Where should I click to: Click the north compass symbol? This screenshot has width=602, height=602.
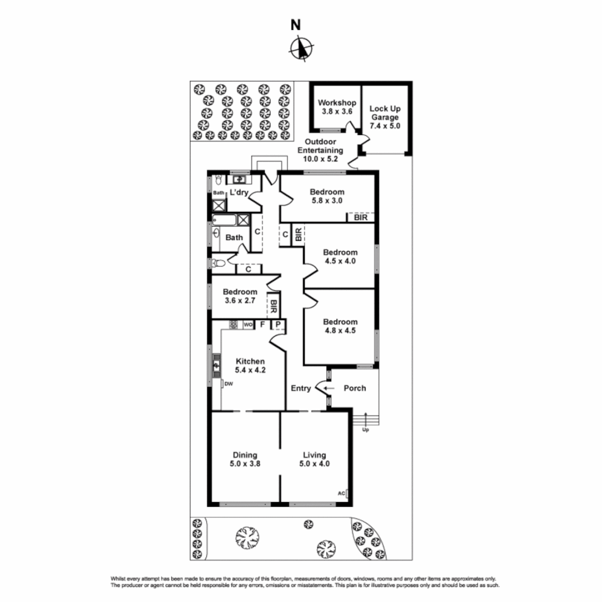pos(301,47)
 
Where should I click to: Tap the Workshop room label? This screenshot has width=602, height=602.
pos(337,103)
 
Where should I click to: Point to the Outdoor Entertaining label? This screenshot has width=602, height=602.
pos(321,142)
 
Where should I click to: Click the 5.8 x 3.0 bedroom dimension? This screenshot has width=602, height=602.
pos(327,202)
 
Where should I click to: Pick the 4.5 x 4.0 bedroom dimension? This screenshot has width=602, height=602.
pos(340,260)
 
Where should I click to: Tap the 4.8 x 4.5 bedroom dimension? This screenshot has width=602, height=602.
pos(340,330)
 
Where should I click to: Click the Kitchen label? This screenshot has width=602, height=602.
pos(250,361)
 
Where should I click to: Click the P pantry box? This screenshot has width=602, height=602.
pos(278,324)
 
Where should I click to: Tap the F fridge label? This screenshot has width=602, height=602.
pos(262,324)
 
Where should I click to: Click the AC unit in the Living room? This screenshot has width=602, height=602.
pos(342,493)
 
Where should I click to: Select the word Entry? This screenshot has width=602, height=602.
pos(301,389)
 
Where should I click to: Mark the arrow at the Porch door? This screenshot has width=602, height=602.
pos(329,389)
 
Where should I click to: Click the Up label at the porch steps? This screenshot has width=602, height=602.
pos(366,430)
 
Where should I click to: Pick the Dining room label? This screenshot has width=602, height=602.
pos(245,455)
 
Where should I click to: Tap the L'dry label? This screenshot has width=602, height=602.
pos(239,192)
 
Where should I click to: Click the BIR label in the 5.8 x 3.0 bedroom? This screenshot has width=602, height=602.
pos(361,218)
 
